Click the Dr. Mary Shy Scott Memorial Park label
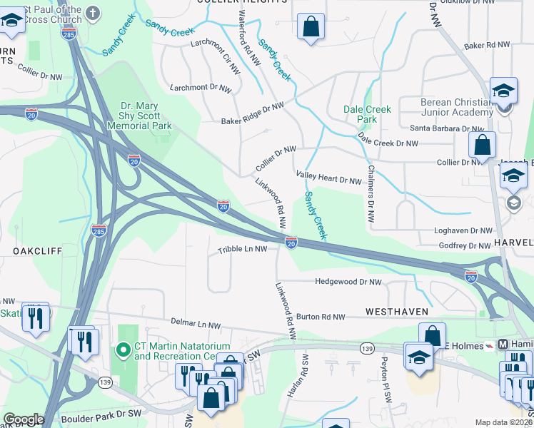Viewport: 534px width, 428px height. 140,115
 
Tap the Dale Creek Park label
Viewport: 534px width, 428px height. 367,114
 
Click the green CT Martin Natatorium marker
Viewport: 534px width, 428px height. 123,350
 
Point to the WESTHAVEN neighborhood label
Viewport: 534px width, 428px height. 397,312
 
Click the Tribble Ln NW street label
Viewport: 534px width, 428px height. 242,250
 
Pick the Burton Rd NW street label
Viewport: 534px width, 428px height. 321,317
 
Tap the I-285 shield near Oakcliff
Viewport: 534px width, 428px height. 99,230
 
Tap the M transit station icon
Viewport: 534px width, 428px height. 504,344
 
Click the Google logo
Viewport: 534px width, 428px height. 24,419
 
